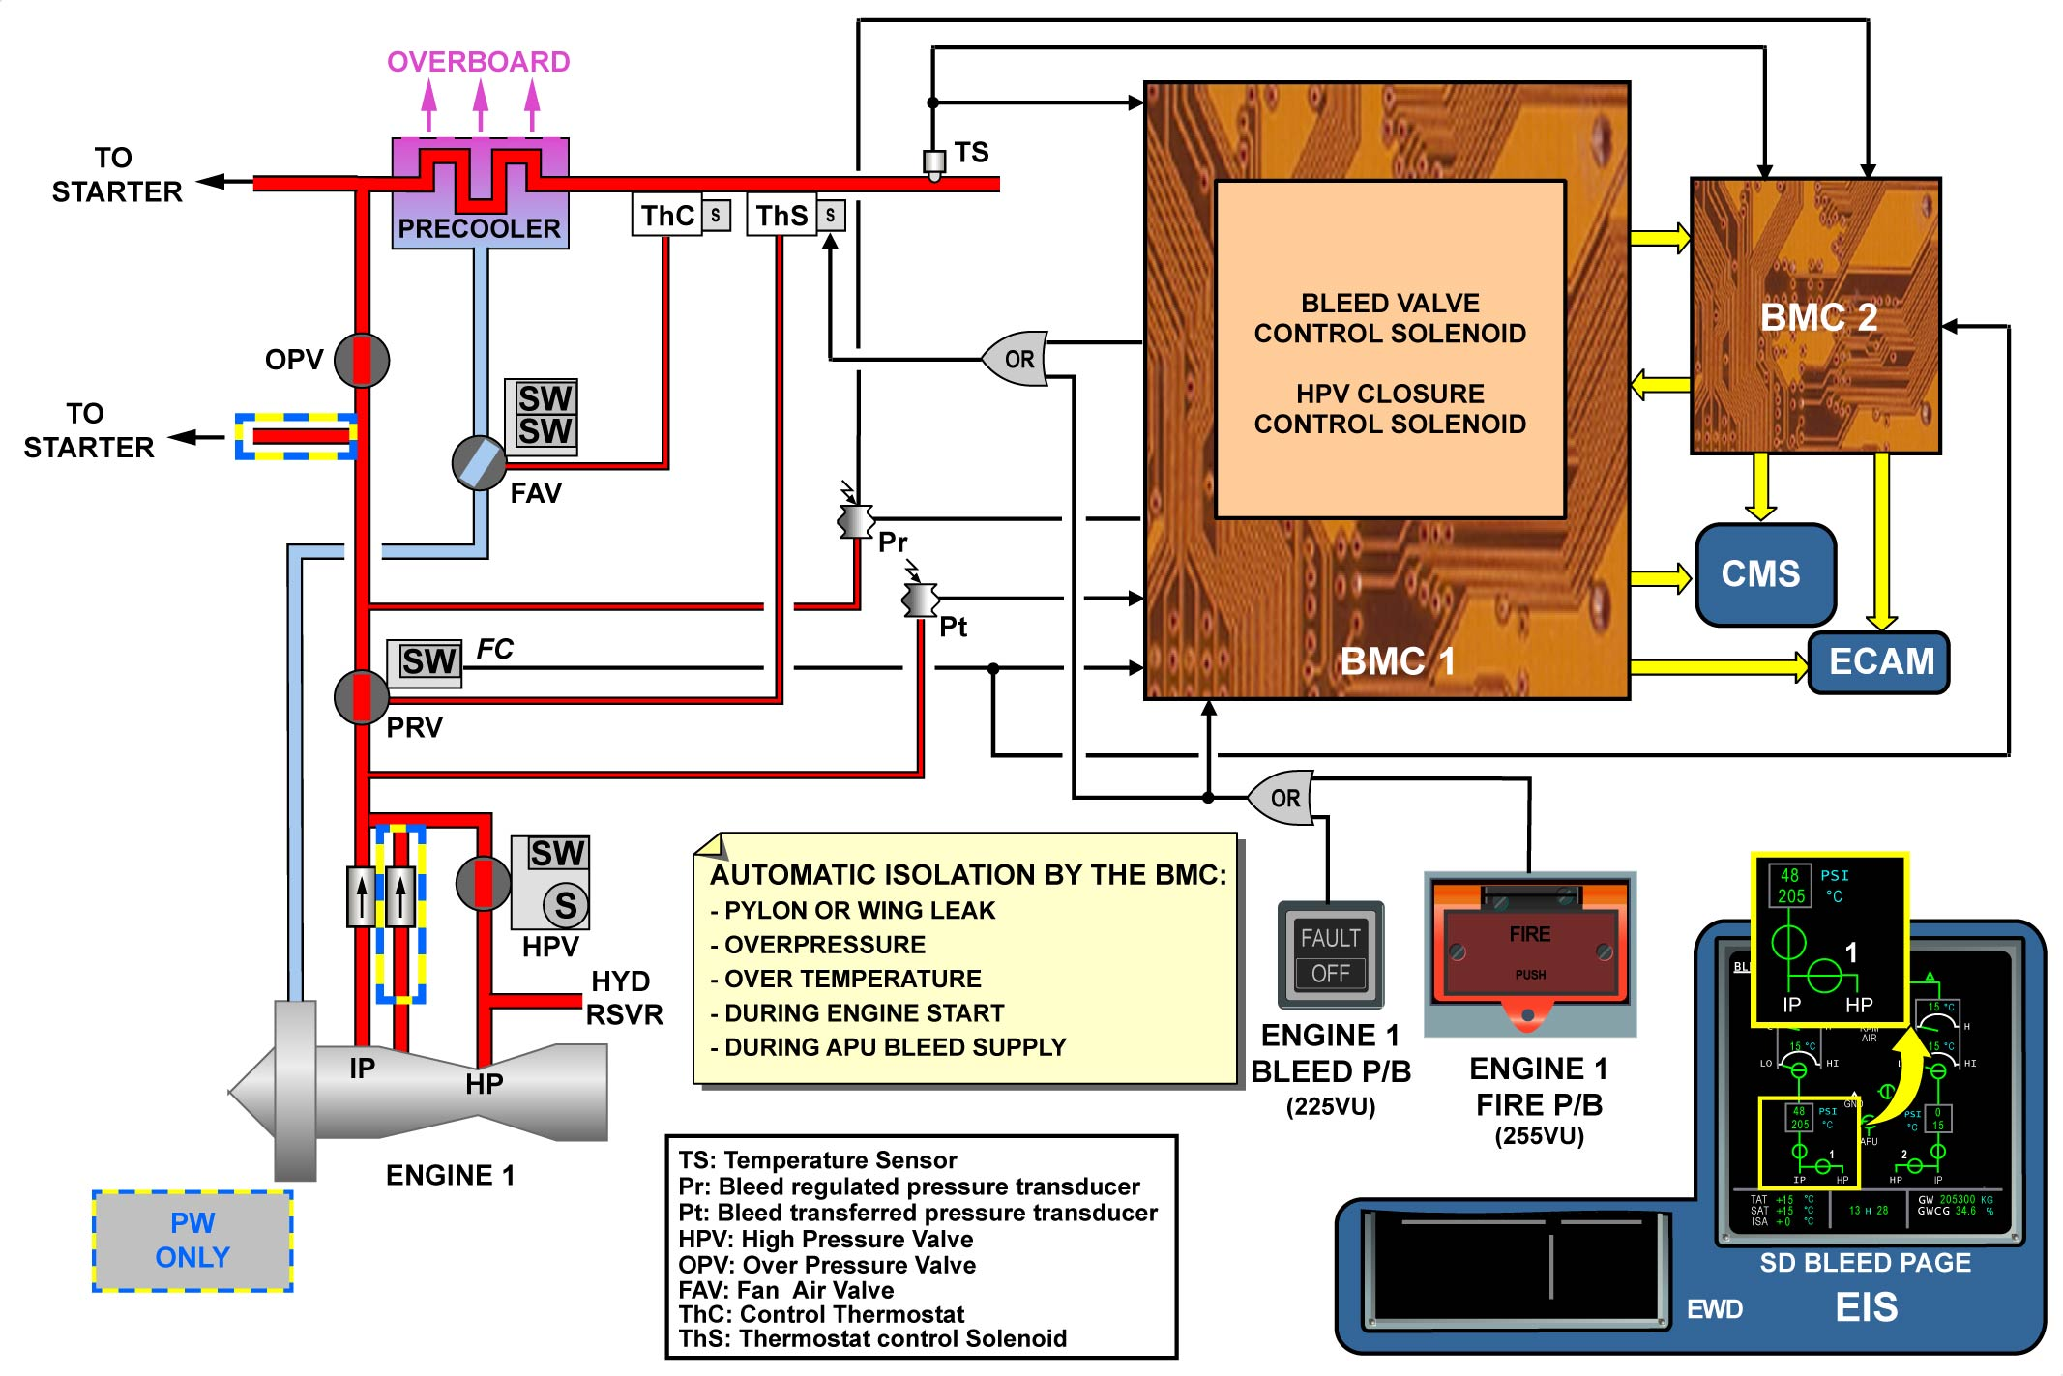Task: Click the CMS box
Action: pos(1765,574)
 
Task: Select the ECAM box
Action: pos(1879,662)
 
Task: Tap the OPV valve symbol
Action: pos(362,360)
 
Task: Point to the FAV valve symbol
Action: pos(479,462)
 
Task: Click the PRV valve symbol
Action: pos(361,696)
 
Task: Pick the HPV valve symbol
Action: pos(483,883)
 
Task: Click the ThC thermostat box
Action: pos(667,215)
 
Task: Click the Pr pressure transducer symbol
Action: pos(856,520)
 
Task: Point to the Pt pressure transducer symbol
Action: pos(920,600)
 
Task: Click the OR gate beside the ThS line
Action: pos(1016,360)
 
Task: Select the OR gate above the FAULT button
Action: pos(1282,798)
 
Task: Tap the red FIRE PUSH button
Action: pos(1529,951)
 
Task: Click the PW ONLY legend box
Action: pos(192,1241)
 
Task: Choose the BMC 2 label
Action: pos(1818,317)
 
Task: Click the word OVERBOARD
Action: pos(479,62)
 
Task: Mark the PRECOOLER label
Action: pos(479,228)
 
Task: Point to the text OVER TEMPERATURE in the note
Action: pos(852,979)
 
